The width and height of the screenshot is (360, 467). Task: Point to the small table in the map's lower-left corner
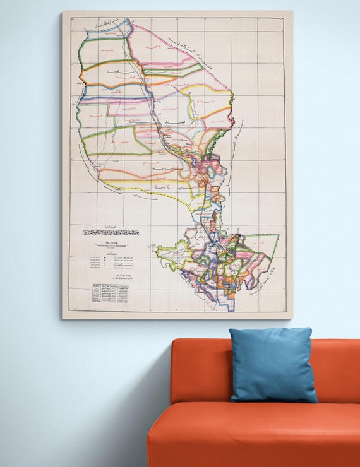tap(110, 293)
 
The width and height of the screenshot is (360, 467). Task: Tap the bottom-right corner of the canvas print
tap(292, 318)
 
